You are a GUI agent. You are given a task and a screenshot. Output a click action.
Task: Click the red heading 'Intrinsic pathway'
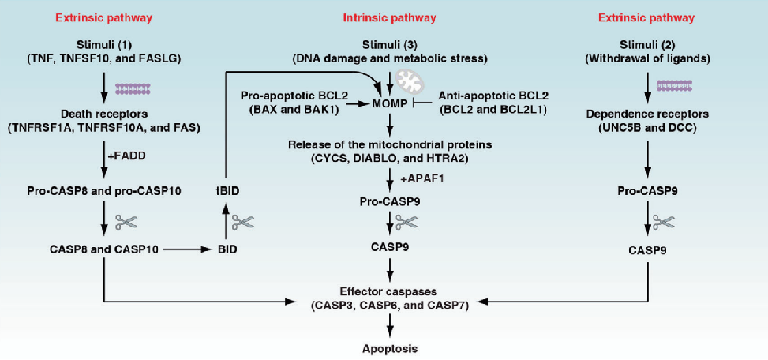tap(389, 17)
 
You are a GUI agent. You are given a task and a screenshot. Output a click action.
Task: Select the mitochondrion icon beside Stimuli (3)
tap(410, 80)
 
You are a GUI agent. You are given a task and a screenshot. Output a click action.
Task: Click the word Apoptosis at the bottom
tap(389, 347)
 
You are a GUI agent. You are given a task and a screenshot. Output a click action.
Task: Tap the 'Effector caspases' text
tap(389, 290)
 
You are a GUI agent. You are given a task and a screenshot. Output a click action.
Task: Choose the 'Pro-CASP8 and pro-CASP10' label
tap(104, 193)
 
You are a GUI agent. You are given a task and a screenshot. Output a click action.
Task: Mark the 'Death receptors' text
tap(104, 113)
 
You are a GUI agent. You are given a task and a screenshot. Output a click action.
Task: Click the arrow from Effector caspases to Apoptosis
tap(389, 325)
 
